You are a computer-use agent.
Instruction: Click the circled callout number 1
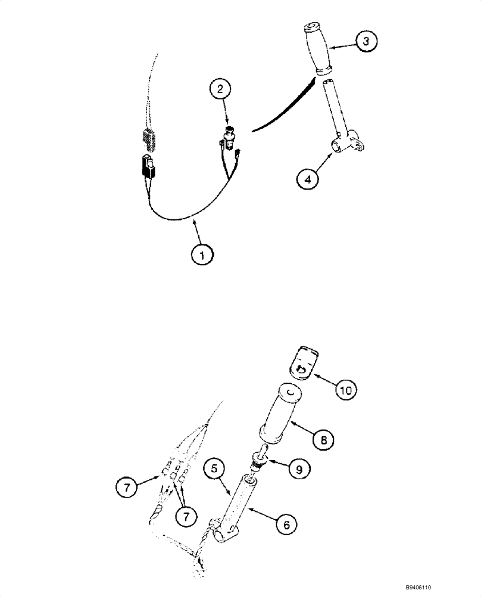(202, 254)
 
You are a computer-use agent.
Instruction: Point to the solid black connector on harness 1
(148, 166)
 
